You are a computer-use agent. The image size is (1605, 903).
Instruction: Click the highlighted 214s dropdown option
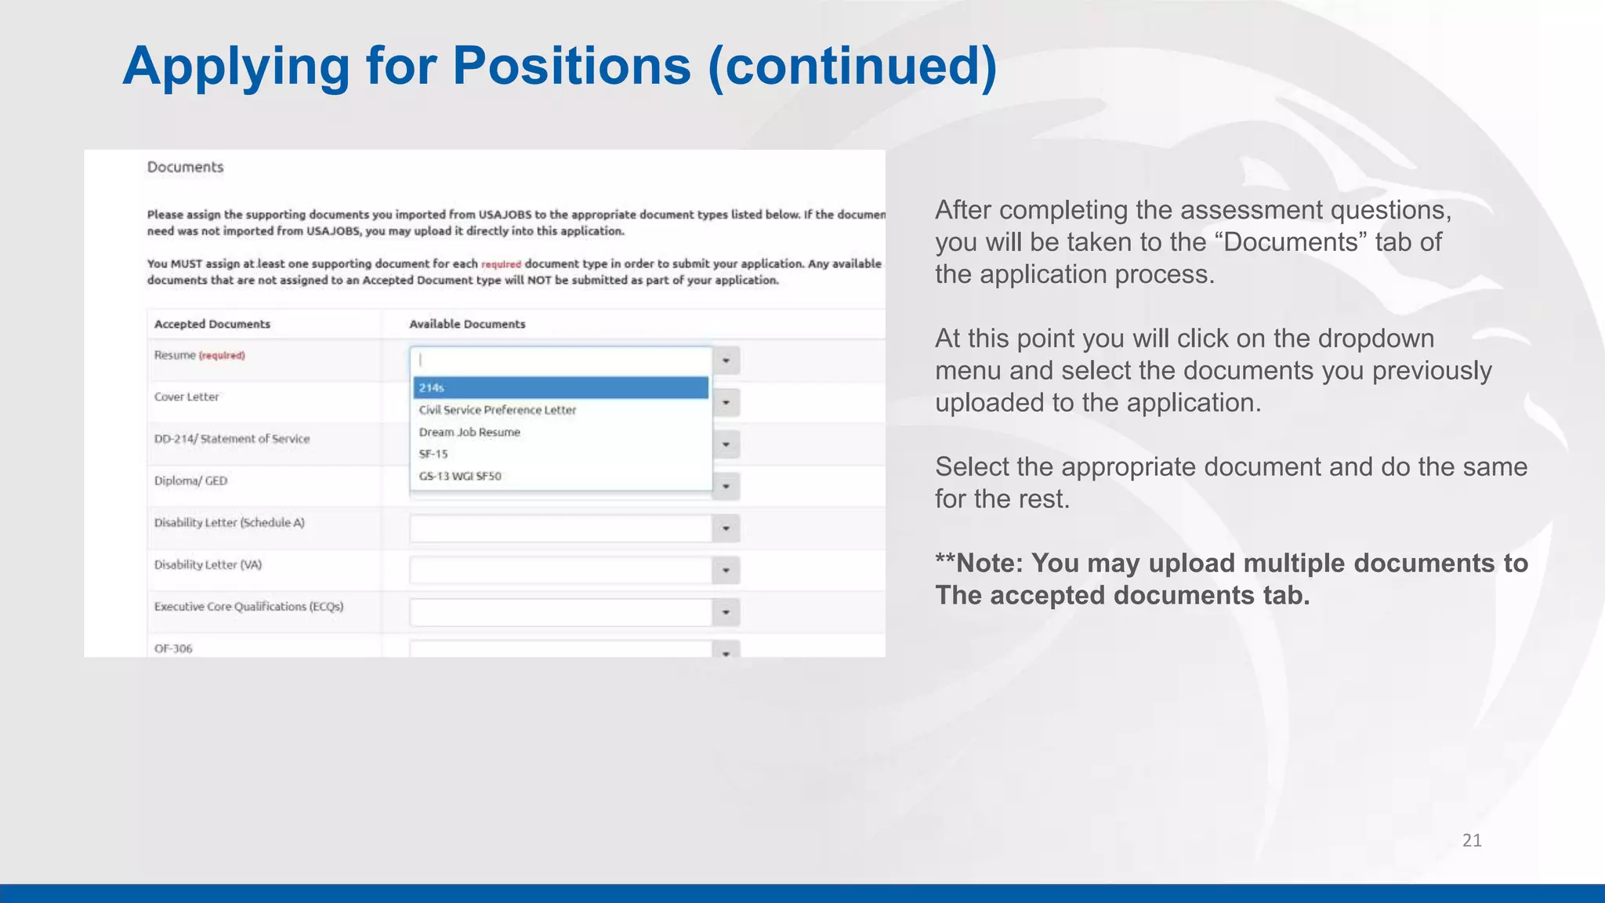pos(560,388)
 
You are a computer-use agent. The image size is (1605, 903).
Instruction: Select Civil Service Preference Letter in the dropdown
pos(497,410)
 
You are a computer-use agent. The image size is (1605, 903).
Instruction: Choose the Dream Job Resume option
pos(469,432)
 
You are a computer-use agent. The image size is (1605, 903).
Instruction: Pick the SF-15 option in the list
pos(433,454)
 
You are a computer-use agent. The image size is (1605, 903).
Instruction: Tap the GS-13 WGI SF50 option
pos(460,476)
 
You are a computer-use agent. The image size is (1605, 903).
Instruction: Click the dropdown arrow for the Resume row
pos(726,361)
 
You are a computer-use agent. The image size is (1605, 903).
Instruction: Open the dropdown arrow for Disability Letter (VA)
pos(726,571)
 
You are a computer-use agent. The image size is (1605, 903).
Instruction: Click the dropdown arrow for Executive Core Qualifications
pos(726,612)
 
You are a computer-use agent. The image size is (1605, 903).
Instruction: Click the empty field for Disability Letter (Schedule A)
pos(560,528)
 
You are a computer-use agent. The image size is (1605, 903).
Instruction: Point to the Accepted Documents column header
pos(212,324)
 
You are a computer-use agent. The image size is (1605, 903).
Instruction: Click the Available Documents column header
pos(467,324)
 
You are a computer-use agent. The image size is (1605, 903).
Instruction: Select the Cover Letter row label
pos(187,397)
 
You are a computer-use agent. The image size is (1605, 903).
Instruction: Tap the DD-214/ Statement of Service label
pos(232,439)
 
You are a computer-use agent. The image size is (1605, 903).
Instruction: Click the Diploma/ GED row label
pos(190,481)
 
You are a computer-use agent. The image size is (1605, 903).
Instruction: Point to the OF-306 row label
pos(173,648)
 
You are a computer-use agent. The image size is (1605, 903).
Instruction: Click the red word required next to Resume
pos(222,356)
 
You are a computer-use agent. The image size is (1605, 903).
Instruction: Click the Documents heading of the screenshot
pos(185,167)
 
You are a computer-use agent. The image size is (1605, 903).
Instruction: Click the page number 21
pos(1472,840)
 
